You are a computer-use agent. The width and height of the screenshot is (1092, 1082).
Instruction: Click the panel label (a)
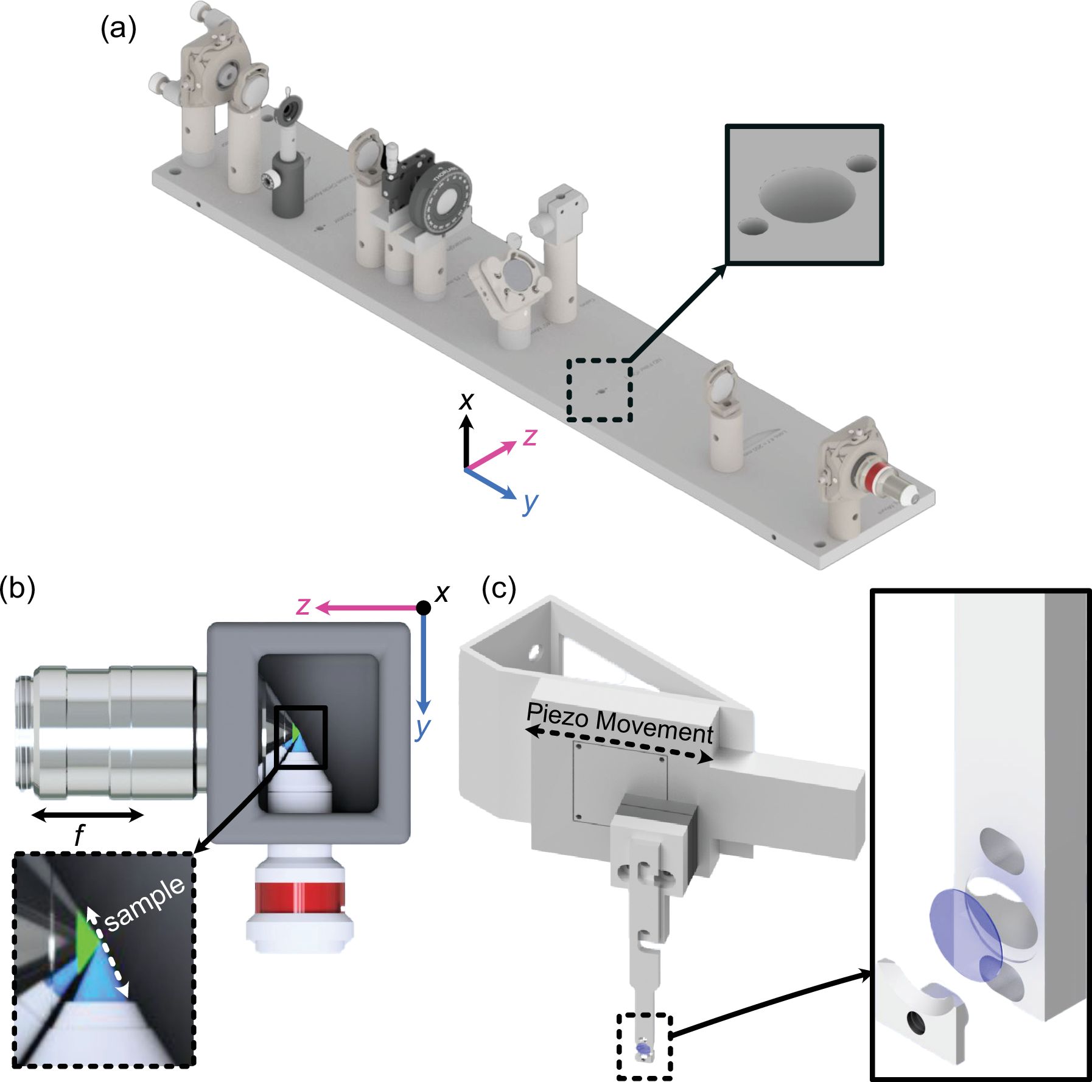click(118, 29)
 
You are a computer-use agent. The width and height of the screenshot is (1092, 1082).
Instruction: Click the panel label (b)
click(18, 589)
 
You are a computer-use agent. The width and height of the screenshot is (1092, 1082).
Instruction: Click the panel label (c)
click(499, 588)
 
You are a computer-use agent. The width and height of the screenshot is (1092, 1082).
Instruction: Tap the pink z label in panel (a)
click(530, 436)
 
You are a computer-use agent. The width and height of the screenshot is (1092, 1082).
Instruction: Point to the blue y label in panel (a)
click(530, 503)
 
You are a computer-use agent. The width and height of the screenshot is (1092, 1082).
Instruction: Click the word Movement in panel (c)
click(654, 725)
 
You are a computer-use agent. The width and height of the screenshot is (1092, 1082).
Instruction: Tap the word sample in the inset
click(144, 904)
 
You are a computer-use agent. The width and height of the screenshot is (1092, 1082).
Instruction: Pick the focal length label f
click(79, 836)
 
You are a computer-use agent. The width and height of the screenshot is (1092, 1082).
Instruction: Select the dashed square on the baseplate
click(600, 390)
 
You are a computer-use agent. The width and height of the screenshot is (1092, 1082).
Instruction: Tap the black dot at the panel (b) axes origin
click(424, 607)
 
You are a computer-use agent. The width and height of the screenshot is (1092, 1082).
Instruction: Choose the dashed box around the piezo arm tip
click(645, 1046)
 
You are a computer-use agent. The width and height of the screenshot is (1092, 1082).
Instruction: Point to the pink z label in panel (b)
click(303, 606)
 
